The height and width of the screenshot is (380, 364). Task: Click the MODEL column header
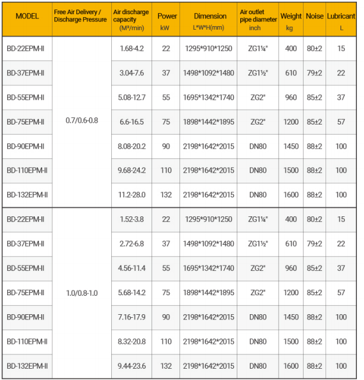[27, 16]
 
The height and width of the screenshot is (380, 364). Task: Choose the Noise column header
[314, 16]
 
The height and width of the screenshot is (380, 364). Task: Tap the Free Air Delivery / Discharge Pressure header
[82, 16]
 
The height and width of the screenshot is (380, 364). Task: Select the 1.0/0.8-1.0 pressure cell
[82, 292]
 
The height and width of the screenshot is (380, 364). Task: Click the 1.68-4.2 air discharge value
[131, 49]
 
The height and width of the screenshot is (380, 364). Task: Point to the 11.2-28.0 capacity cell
[131, 194]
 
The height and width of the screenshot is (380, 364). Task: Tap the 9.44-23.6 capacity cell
[131, 366]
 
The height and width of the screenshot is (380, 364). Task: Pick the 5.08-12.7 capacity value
[131, 97]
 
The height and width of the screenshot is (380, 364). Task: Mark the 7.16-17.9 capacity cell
[131, 317]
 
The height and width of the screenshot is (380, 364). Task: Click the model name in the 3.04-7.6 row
[26, 73]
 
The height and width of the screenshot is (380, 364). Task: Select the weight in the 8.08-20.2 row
[291, 146]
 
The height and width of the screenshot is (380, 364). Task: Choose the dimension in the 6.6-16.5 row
[208, 122]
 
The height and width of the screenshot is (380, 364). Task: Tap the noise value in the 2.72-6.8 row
[314, 244]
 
